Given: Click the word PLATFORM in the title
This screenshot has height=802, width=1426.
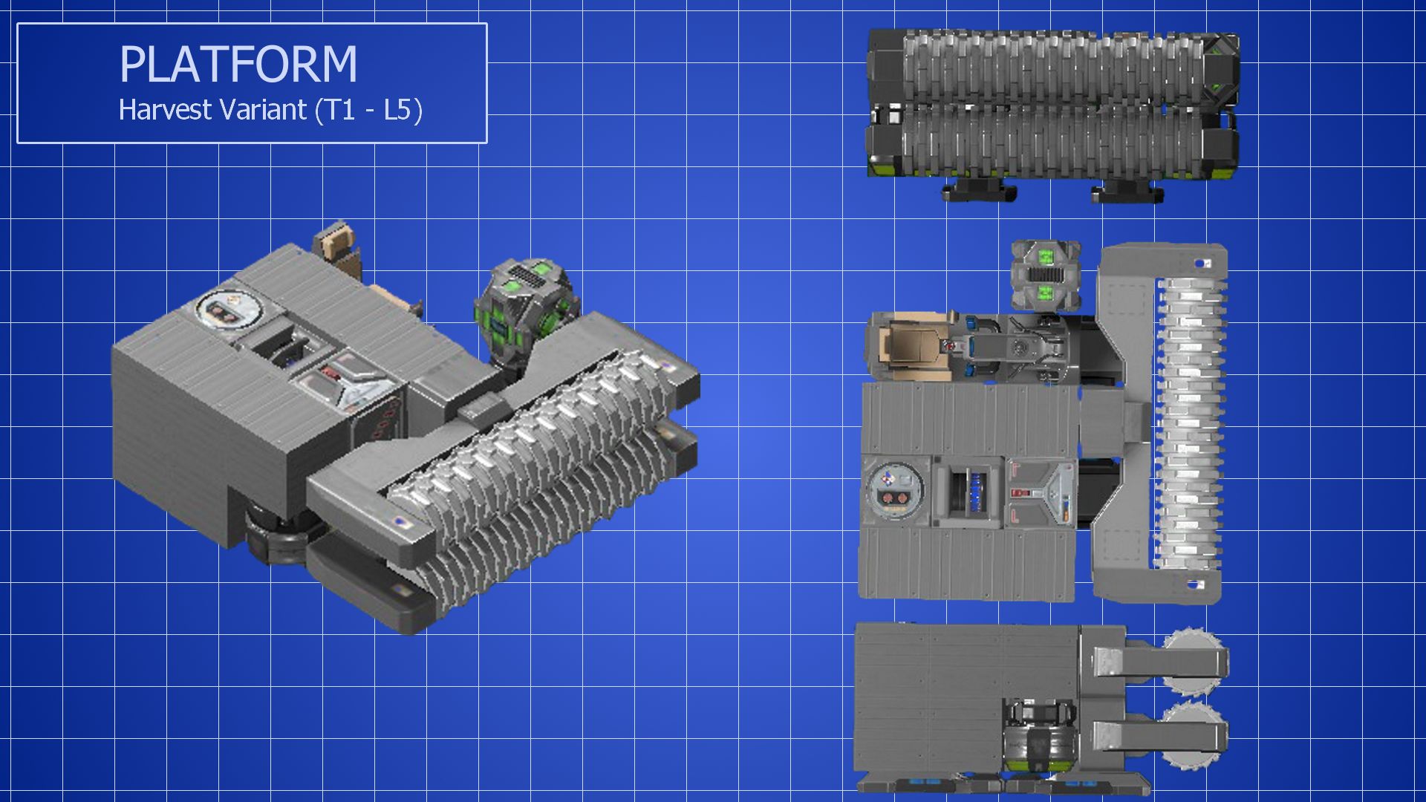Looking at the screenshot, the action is (x=238, y=64).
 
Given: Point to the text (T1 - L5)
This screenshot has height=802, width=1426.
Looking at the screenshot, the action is (x=368, y=111).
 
